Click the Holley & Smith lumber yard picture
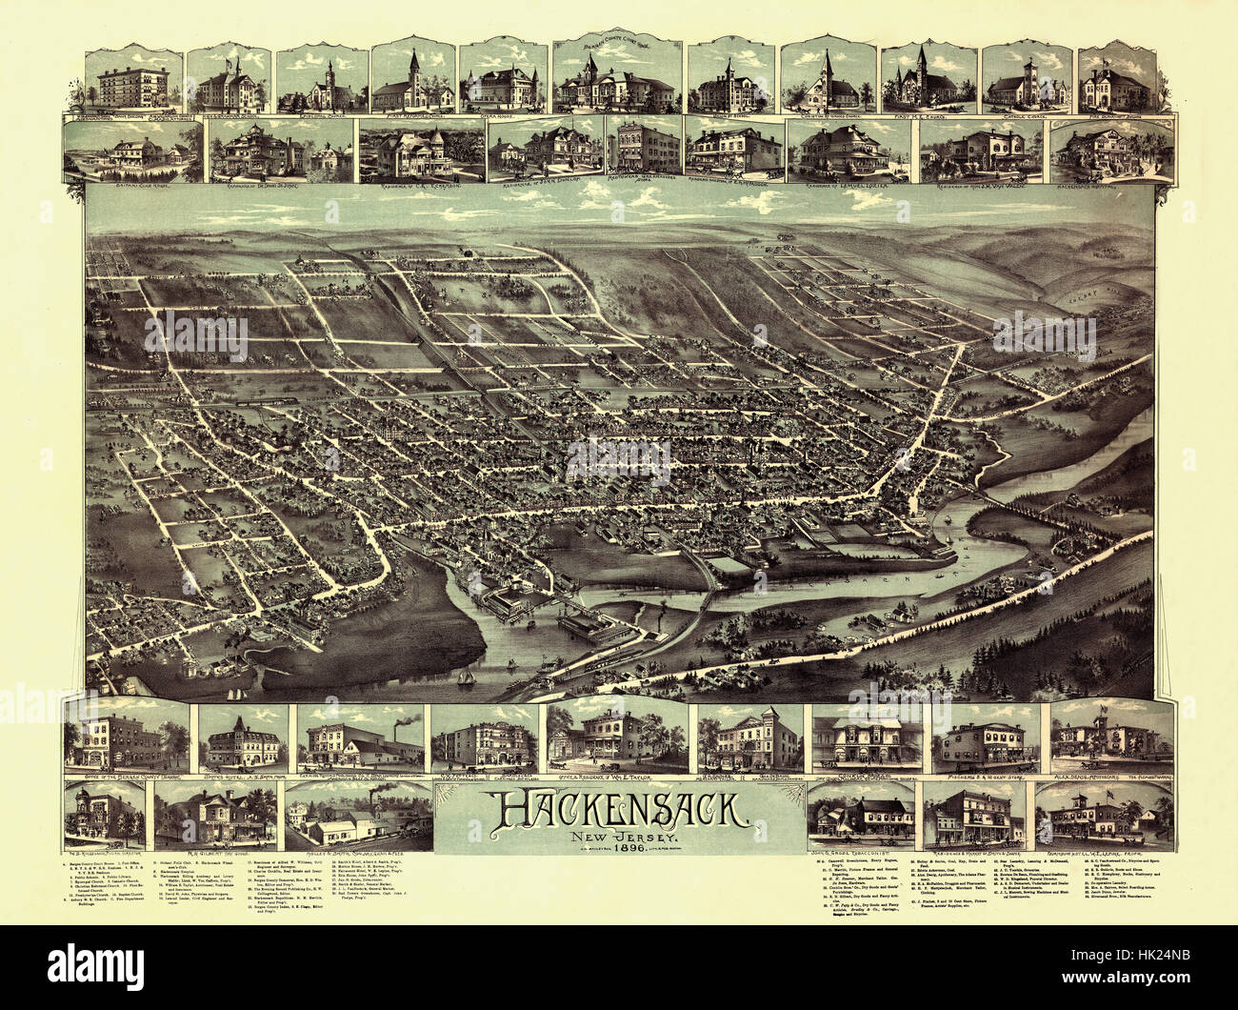[x=352, y=813]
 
